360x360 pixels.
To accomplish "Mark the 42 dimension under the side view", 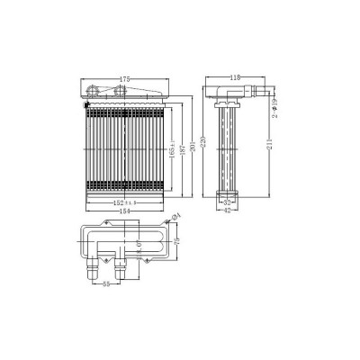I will pos(229,212).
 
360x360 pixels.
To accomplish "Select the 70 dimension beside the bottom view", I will pos(177,241).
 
